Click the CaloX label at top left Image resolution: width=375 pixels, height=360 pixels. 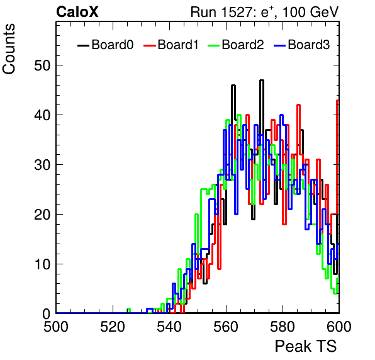pos(77,12)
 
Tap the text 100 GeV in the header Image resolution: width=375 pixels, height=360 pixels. pos(310,12)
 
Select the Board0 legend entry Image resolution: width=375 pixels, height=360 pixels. pos(106,45)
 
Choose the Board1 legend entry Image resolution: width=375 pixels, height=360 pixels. pos(171,45)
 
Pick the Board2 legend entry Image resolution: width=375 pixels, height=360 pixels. pos(236,45)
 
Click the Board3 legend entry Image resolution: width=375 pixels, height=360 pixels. pos(302,45)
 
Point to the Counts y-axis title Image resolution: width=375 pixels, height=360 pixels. pos(9,49)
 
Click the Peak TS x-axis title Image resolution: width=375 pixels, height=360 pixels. pos(306,346)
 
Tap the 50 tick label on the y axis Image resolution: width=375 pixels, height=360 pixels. pos(43,65)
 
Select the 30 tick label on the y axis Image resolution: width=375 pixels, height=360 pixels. pos(43,165)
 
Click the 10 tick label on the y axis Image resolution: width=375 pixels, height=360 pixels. pos(43,264)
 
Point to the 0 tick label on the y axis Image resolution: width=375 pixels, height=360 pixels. pos(47,314)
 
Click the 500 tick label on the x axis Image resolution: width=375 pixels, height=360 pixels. pos(56,327)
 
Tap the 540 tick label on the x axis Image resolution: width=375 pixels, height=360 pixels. pos(169,327)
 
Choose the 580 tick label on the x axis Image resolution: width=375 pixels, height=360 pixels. pos(283,327)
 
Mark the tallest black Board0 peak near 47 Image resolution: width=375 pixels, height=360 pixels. pos(262,81)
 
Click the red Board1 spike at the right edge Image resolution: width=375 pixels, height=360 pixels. pos(337,101)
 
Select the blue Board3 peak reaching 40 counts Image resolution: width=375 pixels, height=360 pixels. pos(281,115)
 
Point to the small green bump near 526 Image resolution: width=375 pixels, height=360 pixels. pos(128,309)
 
